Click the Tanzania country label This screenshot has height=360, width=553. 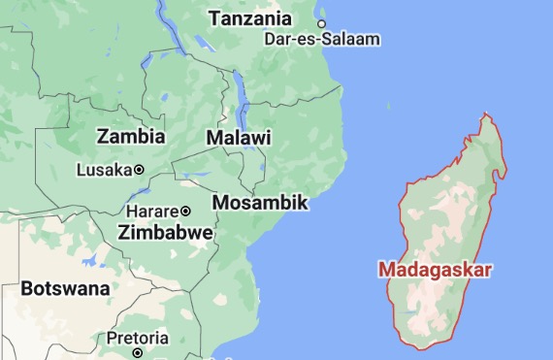pyautogui.click(x=249, y=18)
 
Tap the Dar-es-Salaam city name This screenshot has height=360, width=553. pyautogui.click(x=322, y=39)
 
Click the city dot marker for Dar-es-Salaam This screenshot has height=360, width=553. pyautogui.click(x=322, y=23)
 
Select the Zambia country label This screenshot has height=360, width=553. pyautogui.click(x=131, y=136)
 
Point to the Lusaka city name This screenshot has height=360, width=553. pyautogui.click(x=103, y=170)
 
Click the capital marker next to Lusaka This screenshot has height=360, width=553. pyautogui.click(x=139, y=170)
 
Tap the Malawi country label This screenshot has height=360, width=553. pyautogui.click(x=238, y=138)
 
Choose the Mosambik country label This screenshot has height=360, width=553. pyautogui.click(x=259, y=203)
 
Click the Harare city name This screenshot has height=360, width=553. pyautogui.click(x=152, y=211)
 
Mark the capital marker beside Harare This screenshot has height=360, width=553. pyautogui.click(x=184, y=211)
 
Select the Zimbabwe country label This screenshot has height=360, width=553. pyautogui.click(x=165, y=233)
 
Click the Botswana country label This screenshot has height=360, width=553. pyautogui.click(x=65, y=288)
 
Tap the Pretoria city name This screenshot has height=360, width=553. pyautogui.click(x=137, y=338)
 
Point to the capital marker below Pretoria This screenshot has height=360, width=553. pyautogui.click(x=137, y=352)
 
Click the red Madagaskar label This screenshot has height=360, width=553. pyautogui.click(x=435, y=269)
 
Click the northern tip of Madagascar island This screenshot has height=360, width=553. pyautogui.click(x=487, y=115)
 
